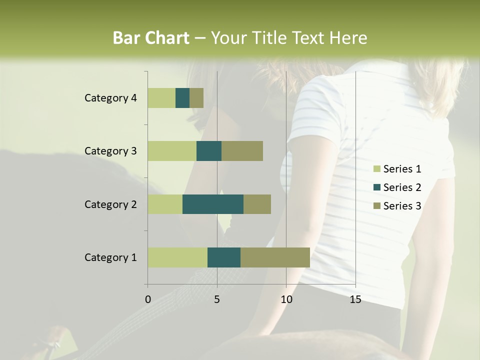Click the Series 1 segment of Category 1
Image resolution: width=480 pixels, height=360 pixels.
[x=177, y=257]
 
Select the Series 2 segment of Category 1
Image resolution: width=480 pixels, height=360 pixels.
[x=224, y=257]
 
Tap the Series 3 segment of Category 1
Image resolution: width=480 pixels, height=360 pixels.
[x=275, y=257]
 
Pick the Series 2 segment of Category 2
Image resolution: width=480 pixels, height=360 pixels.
[x=213, y=204]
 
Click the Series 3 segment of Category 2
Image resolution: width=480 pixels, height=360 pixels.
[x=257, y=204]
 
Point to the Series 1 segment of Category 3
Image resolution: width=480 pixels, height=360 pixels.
[x=172, y=151]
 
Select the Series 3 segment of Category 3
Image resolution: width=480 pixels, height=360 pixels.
[x=242, y=151]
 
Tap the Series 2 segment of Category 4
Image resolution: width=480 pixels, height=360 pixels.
[x=182, y=98]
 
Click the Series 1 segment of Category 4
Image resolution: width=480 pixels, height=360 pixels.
[x=161, y=98]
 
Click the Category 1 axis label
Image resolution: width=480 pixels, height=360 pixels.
[x=110, y=257]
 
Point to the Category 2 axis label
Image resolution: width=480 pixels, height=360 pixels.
[x=110, y=204]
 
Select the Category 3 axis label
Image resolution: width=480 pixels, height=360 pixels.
[x=110, y=151]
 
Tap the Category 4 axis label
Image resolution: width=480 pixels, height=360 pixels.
[x=110, y=98]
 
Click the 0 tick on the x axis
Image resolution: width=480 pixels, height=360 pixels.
[x=148, y=299]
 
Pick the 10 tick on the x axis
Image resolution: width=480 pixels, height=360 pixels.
[x=286, y=299]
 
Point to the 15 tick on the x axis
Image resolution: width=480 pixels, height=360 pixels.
[x=355, y=299]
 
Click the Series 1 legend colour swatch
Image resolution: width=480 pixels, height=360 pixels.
[x=376, y=169]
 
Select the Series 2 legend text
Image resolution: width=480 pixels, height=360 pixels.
[x=402, y=187]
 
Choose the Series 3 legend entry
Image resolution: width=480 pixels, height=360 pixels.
[x=397, y=206]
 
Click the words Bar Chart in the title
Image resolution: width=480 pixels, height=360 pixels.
[x=151, y=38]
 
